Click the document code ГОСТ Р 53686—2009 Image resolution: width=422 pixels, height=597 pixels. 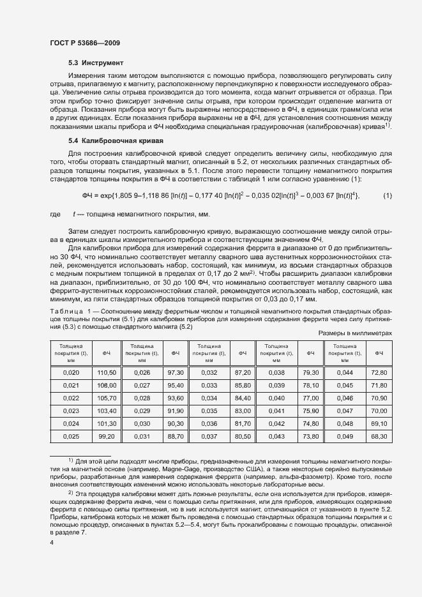(x=85, y=42)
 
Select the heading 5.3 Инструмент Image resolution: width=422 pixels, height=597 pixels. (x=96, y=63)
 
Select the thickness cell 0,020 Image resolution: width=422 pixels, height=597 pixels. (x=72, y=372)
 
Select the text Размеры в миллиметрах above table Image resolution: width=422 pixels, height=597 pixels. (x=354, y=334)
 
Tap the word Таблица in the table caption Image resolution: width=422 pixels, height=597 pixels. (x=64, y=310)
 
